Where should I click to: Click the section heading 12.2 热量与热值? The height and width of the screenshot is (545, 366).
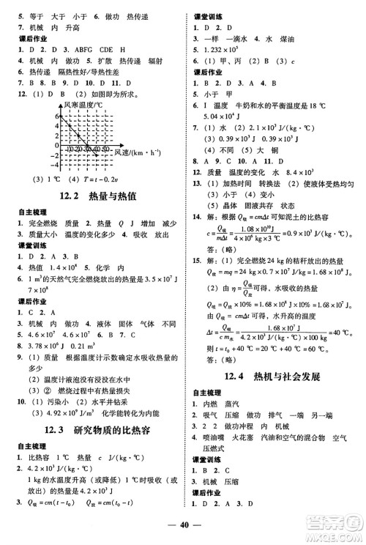91,194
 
